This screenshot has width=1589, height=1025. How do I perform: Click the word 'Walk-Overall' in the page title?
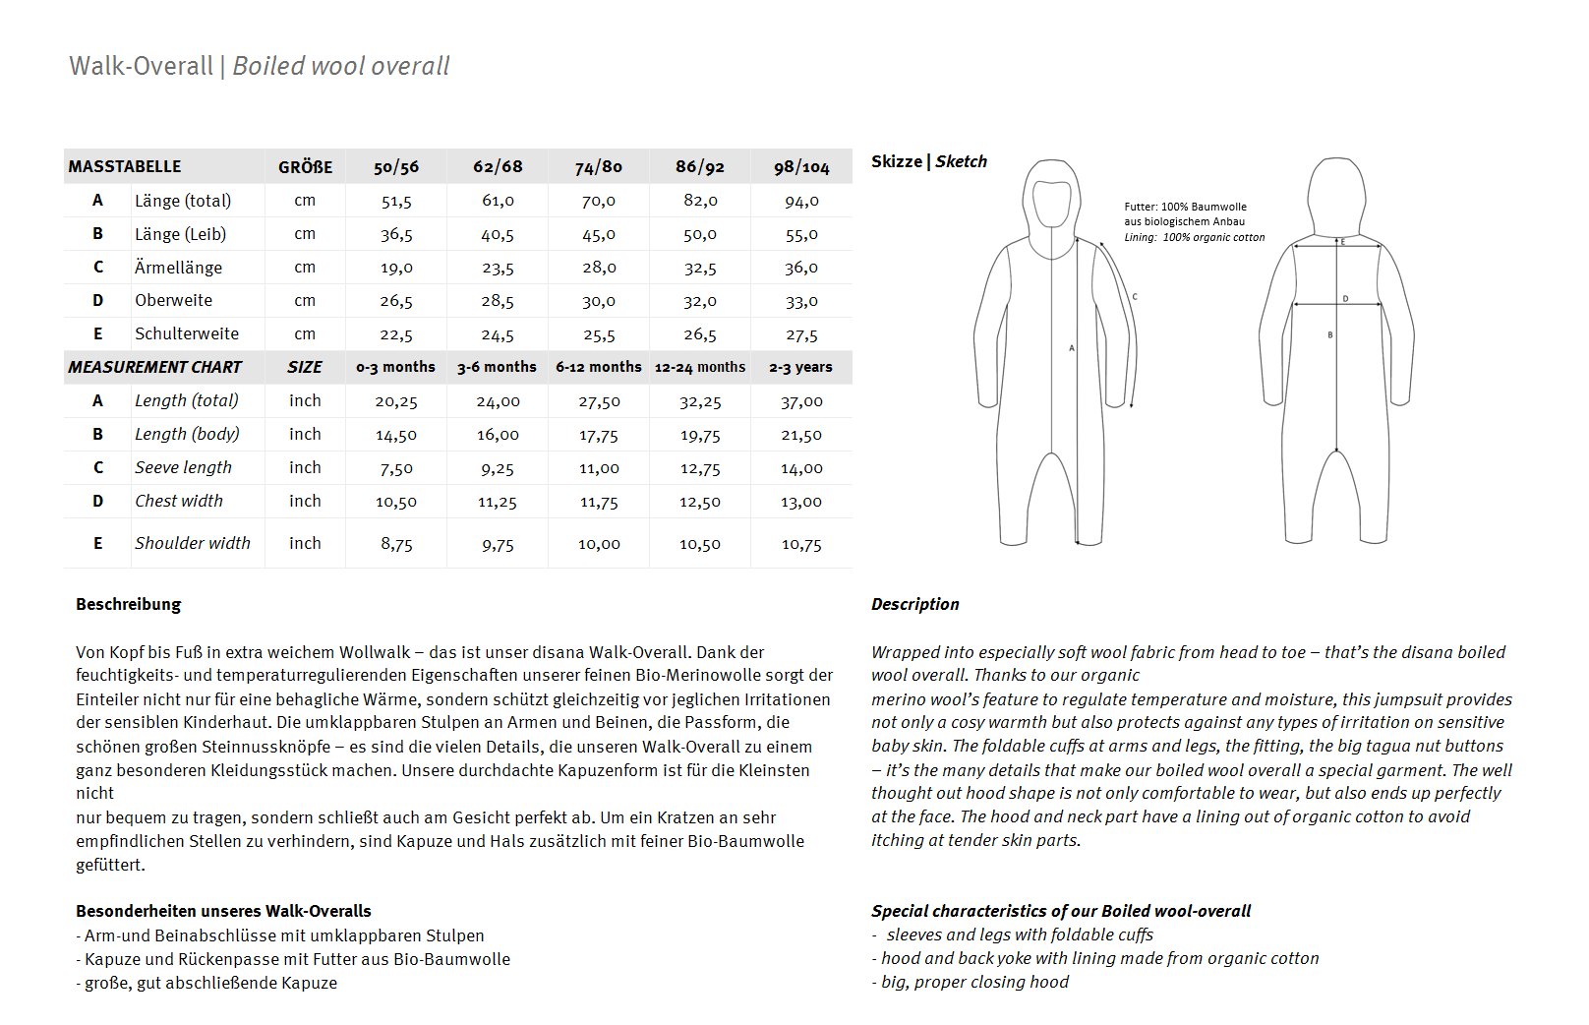(x=141, y=67)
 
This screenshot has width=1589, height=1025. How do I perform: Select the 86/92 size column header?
(x=699, y=167)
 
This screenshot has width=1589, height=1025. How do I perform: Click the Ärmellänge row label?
(x=178, y=268)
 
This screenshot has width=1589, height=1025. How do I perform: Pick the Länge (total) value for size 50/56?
(x=396, y=202)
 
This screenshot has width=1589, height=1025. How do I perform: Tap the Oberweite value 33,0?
(x=801, y=302)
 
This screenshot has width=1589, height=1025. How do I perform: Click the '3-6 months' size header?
(x=497, y=367)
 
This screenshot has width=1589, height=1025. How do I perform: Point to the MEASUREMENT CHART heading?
(x=154, y=367)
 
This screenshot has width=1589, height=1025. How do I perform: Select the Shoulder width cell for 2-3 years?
(x=801, y=544)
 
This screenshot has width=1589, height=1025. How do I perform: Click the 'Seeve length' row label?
(x=183, y=467)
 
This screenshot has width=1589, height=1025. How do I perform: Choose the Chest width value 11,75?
(x=599, y=502)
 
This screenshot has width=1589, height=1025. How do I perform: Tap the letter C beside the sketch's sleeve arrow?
(x=1135, y=296)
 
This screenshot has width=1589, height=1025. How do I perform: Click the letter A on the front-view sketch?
(x=1072, y=347)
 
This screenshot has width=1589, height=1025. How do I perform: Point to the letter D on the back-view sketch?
(x=1345, y=298)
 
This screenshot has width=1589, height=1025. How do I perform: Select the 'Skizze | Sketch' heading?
(x=928, y=161)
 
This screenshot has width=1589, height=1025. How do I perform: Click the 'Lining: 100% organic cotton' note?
(x=1194, y=237)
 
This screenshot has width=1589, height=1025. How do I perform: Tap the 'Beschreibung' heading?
(x=129, y=604)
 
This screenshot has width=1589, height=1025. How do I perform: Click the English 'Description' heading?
(x=914, y=604)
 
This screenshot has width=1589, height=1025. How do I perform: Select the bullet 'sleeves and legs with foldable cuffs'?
(x=1019, y=935)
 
